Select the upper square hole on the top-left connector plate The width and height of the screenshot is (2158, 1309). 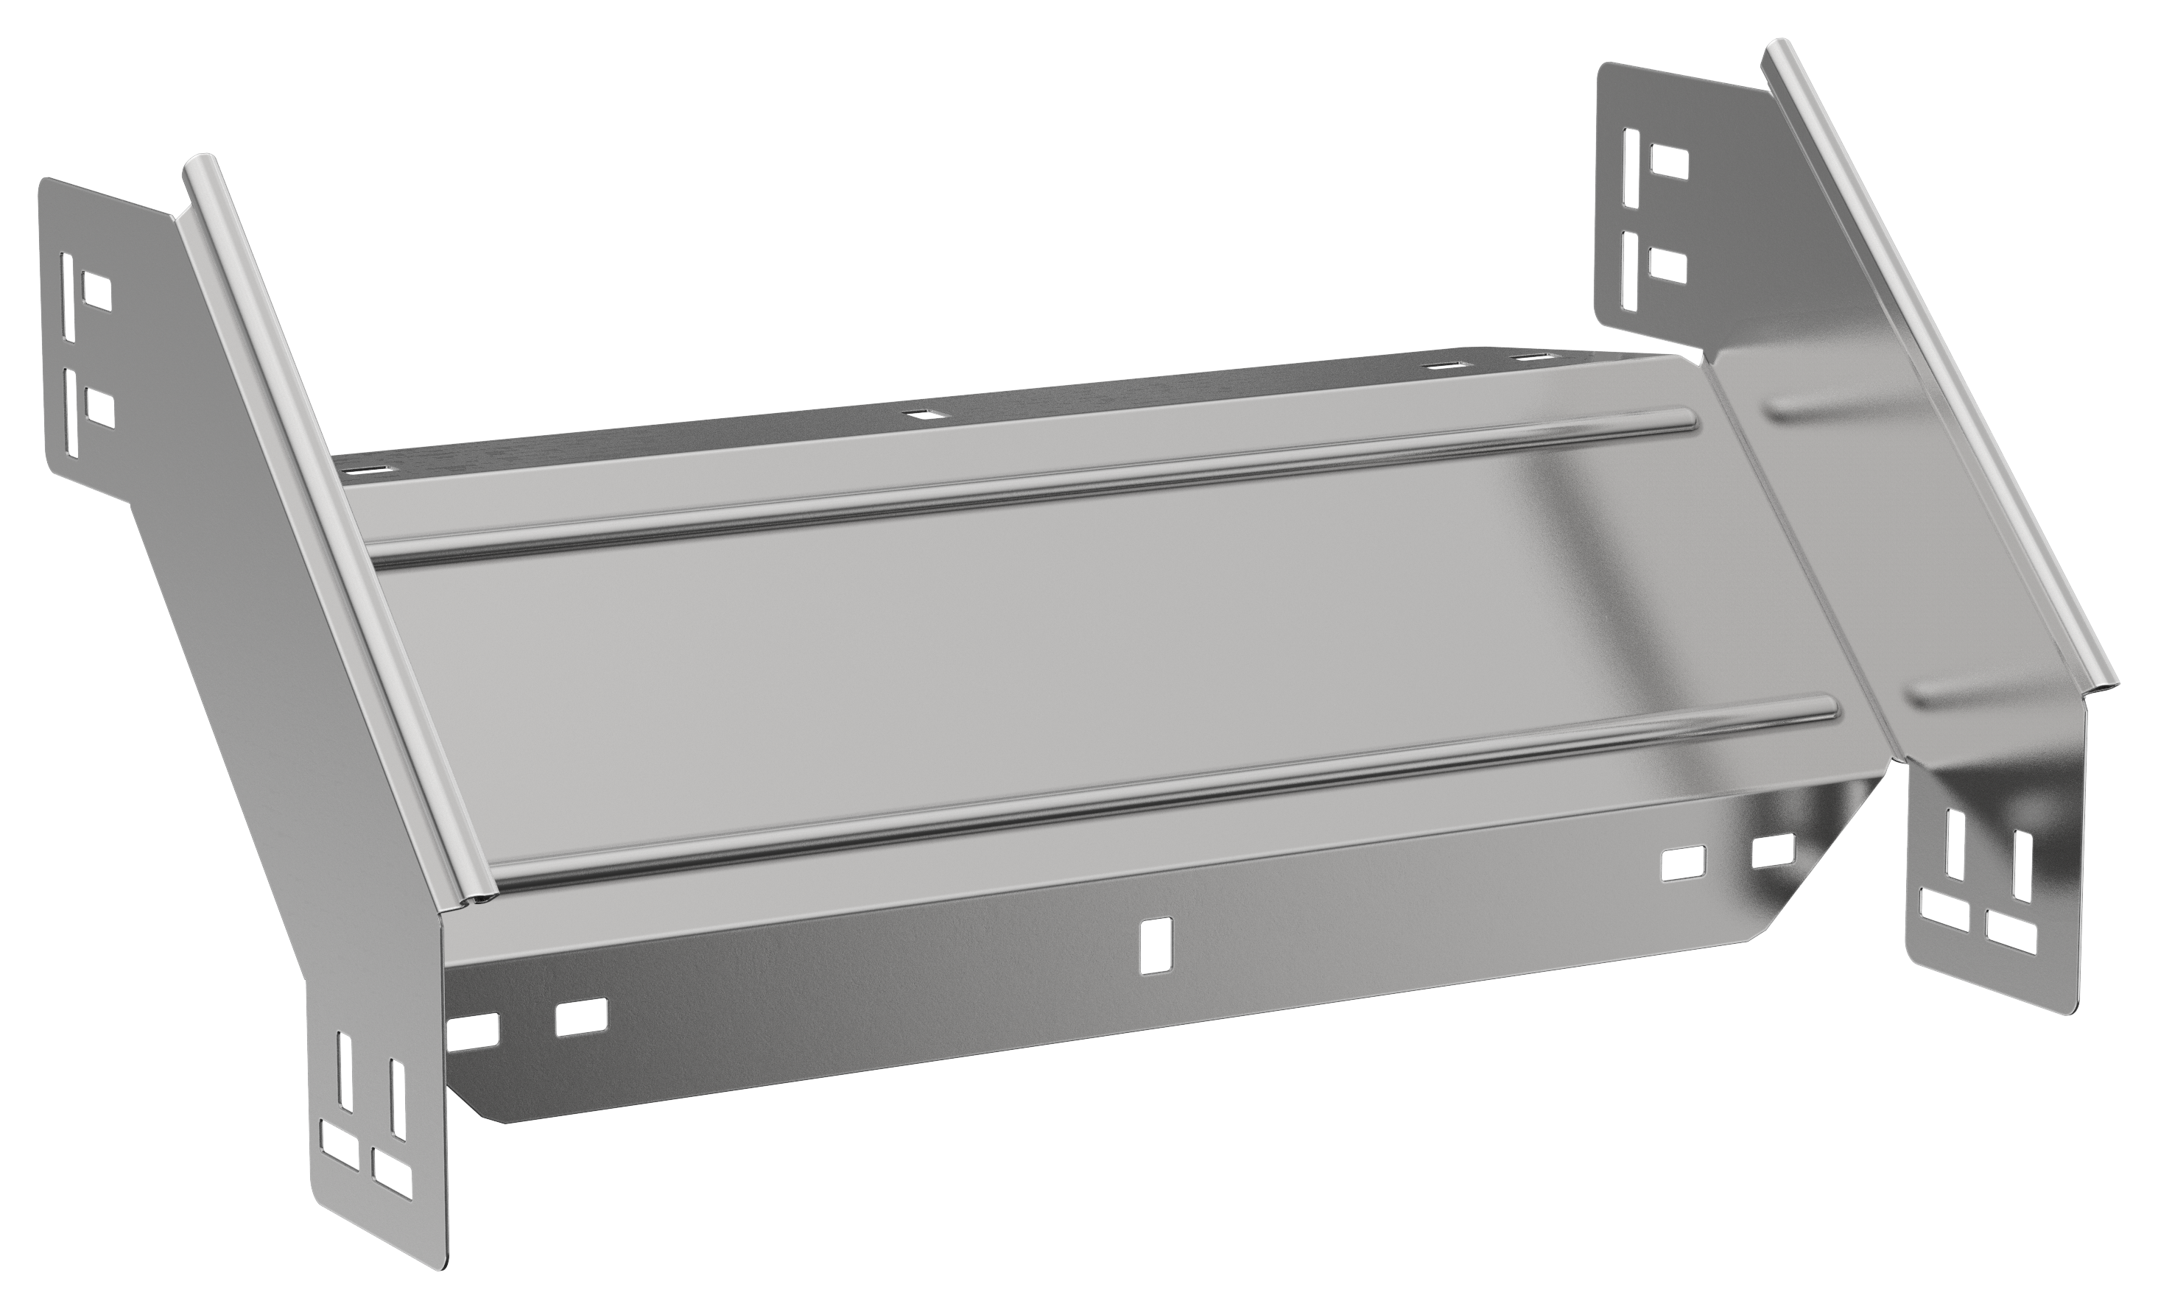pos(96,291)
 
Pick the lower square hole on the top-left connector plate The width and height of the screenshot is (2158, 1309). pos(102,406)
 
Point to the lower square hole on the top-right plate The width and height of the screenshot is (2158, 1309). pos(1667,264)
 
